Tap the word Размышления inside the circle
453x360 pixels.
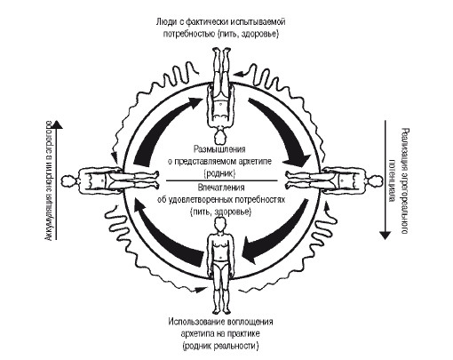coord(219,148)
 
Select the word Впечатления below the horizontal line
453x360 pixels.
coord(221,188)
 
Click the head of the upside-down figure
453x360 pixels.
coord(220,136)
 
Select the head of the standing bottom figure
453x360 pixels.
coord(220,225)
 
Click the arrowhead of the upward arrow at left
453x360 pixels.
coord(59,124)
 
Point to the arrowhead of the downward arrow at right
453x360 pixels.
coord(385,235)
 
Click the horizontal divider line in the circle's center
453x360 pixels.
coord(221,180)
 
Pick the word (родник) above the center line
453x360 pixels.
coord(219,173)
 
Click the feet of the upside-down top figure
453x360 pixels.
coord(221,52)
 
